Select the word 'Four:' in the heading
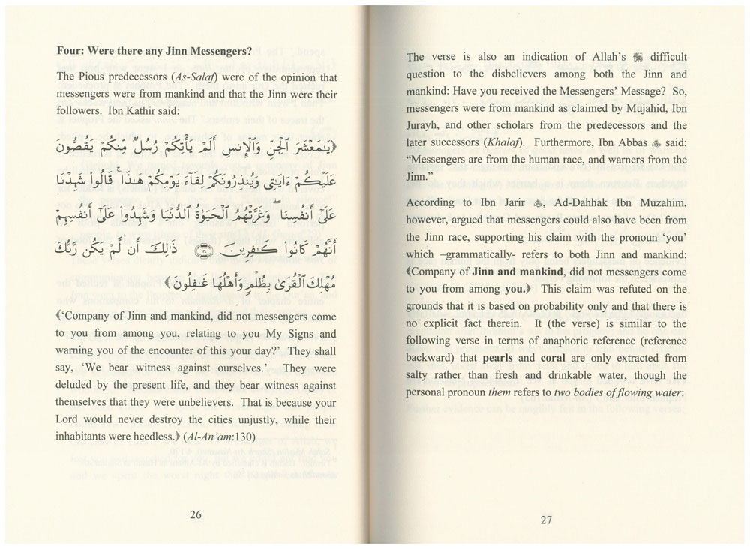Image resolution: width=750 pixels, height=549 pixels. pyautogui.click(x=71, y=52)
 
